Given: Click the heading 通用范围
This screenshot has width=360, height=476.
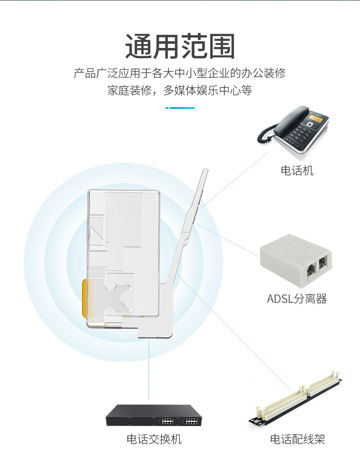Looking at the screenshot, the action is coord(180,46).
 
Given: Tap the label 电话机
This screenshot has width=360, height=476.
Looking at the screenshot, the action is coord(297,170).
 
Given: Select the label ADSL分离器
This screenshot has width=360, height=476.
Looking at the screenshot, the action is coord(297,299).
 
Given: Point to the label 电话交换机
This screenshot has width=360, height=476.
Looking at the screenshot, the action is coord(154,439).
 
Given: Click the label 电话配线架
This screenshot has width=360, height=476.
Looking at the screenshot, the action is coord(298,439).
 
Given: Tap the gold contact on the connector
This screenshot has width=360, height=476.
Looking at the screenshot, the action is coord(84,298).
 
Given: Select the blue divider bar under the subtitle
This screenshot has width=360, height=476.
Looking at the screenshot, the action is coord(180,108).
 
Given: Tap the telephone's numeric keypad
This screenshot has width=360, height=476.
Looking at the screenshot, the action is coord(301,133).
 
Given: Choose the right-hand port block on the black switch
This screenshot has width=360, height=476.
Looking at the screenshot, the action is coord(192,421).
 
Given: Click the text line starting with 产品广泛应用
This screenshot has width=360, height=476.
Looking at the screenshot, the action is coord(180,73).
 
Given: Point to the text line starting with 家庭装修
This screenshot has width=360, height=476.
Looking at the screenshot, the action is coord(180,90).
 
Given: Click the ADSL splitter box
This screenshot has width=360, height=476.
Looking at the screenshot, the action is coord(296,258).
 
